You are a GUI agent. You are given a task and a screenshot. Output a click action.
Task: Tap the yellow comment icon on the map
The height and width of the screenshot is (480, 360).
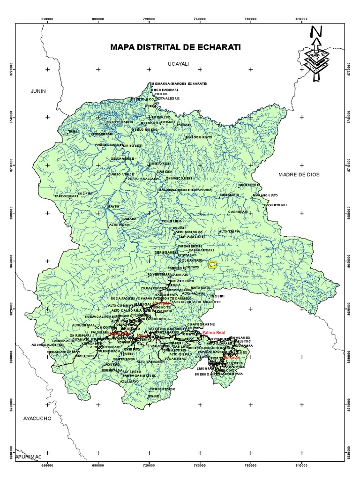[x=212, y=265]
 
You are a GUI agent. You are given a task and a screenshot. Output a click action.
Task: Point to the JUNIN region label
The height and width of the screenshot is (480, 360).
[x=37, y=91]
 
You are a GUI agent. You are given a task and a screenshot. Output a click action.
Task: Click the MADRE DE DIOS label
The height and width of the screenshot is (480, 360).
[x=298, y=174]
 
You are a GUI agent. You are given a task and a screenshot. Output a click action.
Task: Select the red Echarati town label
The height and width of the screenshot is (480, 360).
[x=232, y=358]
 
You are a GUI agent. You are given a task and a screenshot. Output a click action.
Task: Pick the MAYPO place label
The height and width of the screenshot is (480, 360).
[x=113, y=206]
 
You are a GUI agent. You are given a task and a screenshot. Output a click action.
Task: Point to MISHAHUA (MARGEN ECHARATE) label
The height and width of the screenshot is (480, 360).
[x=179, y=83]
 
